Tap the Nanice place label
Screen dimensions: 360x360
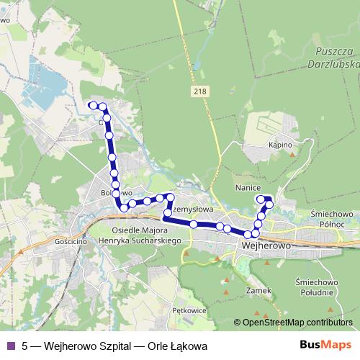[x=247, y=186]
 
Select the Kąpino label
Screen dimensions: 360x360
[x=280, y=145]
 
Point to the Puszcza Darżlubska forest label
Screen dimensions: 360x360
[x=337, y=57]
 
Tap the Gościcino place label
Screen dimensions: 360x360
[x=71, y=243]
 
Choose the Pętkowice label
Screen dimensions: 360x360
[x=190, y=311]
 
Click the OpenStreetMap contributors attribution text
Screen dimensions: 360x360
[x=297, y=323]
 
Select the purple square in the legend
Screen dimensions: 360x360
[x=10, y=345]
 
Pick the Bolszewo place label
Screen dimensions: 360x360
[x=116, y=193]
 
